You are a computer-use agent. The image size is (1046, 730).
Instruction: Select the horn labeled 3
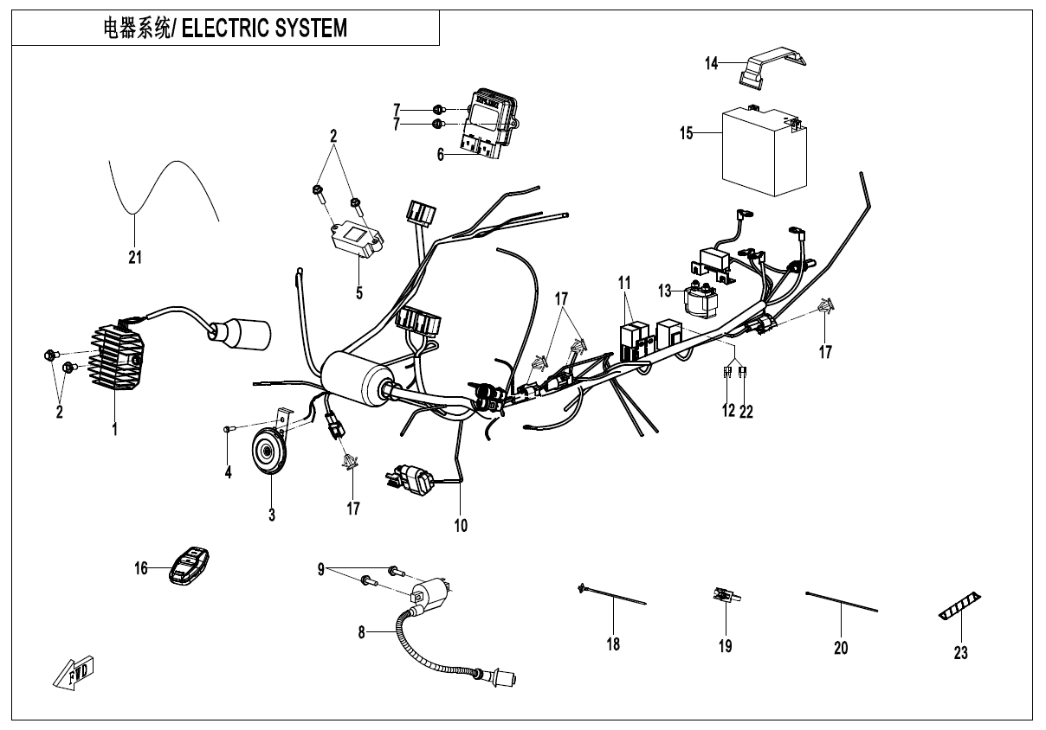pos(268,452)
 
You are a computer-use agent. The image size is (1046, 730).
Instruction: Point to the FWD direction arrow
pos(74,673)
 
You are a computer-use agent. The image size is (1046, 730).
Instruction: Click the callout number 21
pos(135,257)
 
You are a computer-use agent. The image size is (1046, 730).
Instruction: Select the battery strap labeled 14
pos(772,68)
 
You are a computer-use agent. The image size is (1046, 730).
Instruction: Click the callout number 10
pos(461,524)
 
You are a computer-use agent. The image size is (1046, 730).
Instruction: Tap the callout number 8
pos(362,632)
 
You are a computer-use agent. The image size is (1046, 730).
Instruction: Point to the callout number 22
pos(746,412)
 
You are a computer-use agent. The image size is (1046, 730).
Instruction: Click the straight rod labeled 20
pos(841,602)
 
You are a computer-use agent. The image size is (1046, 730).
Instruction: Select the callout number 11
pos(625,282)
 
